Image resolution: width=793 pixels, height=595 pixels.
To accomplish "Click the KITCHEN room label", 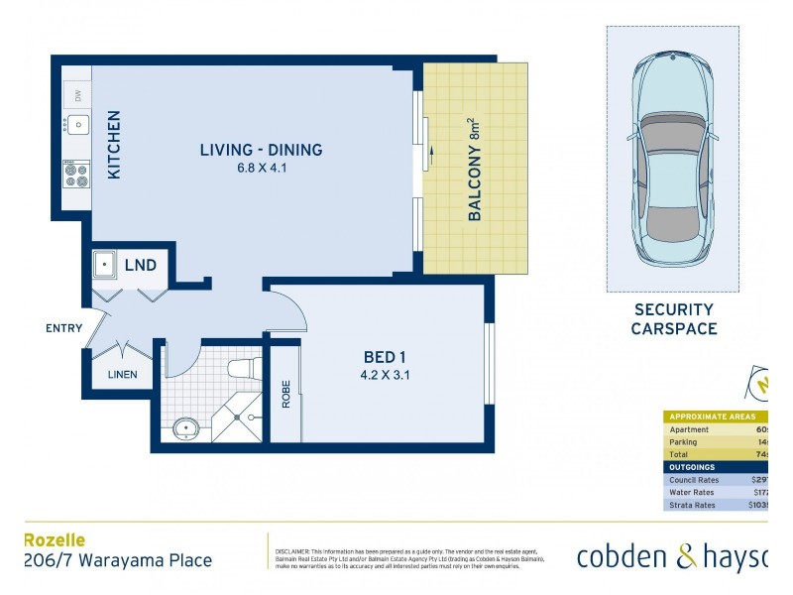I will (x=113, y=146).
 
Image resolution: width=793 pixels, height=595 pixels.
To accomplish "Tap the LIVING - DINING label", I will (x=261, y=151).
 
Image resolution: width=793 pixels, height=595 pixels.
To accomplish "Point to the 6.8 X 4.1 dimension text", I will (x=261, y=168).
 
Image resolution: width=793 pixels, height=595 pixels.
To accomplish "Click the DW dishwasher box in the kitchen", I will (x=77, y=96).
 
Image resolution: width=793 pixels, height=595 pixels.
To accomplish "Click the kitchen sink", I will (x=77, y=126).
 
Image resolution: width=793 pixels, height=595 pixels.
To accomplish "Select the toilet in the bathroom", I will (x=243, y=369).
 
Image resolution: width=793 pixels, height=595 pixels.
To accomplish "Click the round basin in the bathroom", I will (x=185, y=429).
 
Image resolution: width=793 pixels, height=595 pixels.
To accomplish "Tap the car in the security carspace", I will (x=672, y=159).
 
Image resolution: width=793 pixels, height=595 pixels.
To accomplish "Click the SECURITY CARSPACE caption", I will (x=673, y=319).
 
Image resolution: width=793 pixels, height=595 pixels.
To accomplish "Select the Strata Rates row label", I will (x=693, y=505).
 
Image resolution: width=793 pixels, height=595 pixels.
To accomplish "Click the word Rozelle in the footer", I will (x=54, y=540).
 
